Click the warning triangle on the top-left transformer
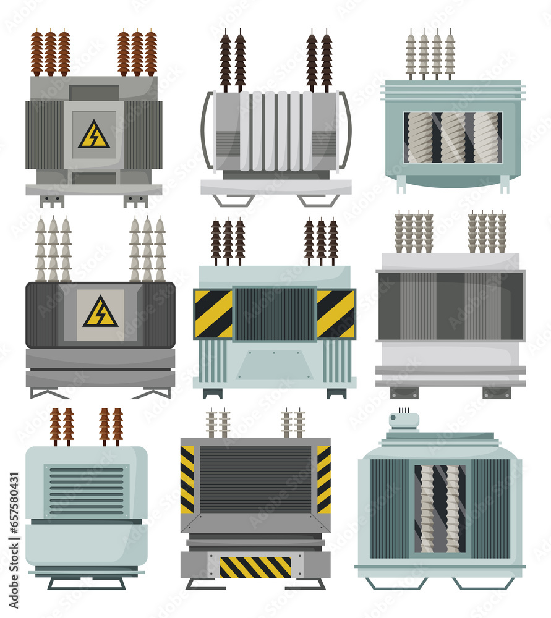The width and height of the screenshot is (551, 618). tap(94, 135)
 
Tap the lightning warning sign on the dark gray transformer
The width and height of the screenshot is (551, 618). tap(100, 312)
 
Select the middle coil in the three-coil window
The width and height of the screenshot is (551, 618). tap(453, 137)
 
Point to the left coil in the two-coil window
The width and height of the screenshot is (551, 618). tap(427, 508)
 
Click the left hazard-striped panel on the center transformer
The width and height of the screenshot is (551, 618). tap(213, 313)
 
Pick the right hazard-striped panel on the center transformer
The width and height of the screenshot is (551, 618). tap(336, 313)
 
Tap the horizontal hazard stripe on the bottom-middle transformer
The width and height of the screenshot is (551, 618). tap(255, 566)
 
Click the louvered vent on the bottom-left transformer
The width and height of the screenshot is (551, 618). tap(87, 491)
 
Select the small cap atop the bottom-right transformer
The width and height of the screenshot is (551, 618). tap(404, 420)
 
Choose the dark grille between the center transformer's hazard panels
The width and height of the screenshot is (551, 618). tap(275, 313)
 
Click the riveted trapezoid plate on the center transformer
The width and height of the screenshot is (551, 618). tap(275, 365)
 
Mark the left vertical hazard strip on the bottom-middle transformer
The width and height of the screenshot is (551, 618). tap(187, 479)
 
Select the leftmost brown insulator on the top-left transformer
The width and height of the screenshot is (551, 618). tap(37, 53)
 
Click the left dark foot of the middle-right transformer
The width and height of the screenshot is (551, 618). tap(404, 392)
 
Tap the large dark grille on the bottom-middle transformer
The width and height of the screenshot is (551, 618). tap(255, 479)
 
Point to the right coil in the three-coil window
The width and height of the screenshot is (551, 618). tap(485, 137)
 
